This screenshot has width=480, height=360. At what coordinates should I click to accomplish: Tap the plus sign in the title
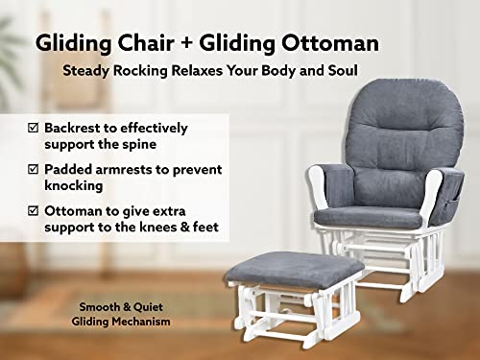[170, 44]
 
